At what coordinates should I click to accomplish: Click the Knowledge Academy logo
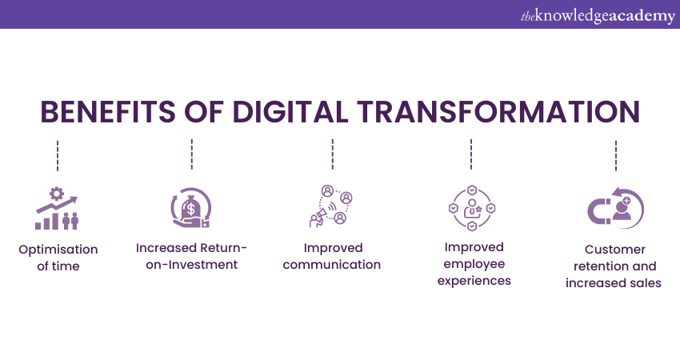[x=598, y=16]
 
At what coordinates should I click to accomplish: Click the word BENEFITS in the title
[x=107, y=112]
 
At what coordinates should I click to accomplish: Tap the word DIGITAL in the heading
[x=290, y=112]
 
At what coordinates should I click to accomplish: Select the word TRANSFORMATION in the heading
[x=498, y=112]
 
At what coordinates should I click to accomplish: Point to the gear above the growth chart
[x=56, y=194]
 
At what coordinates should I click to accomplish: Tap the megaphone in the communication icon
[x=318, y=215]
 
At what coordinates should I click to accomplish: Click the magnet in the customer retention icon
[x=598, y=210]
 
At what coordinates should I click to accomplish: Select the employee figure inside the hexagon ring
[x=472, y=209]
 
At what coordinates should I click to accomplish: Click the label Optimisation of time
[x=58, y=258]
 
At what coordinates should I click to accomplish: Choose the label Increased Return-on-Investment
[x=191, y=256]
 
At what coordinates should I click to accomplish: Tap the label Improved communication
[x=332, y=256]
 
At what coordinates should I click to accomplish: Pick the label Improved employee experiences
[x=474, y=264]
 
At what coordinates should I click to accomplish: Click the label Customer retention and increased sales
[x=614, y=266]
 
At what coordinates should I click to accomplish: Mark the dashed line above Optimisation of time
[x=58, y=156]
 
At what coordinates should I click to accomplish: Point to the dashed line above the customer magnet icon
[x=616, y=156]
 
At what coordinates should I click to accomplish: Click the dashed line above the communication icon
[x=333, y=154]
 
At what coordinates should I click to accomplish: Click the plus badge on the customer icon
[x=626, y=201]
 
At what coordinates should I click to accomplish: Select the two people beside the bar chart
[x=70, y=221]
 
